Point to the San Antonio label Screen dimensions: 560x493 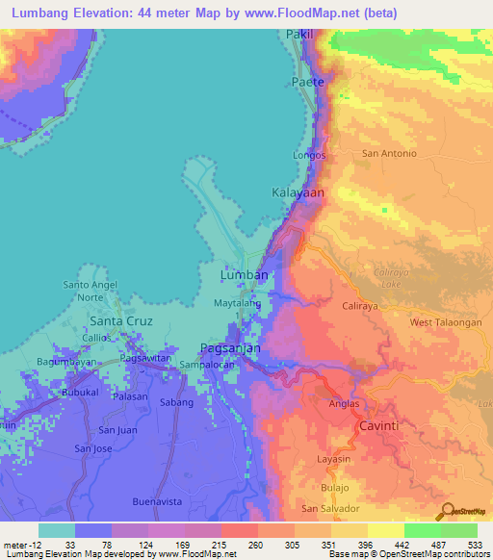coord(388,153)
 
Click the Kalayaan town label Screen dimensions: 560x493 coord(297,193)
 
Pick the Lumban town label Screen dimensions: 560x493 coord(244,275)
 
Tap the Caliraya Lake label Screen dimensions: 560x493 coord(391,277)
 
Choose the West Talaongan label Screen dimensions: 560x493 coord(445,323)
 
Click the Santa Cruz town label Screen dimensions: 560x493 coord(121,320)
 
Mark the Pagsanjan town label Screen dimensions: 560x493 coord(230,348)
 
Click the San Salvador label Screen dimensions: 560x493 coord(330,508)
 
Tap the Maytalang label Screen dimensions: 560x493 coord(237,303)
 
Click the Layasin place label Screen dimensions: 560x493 coord(333,459)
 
